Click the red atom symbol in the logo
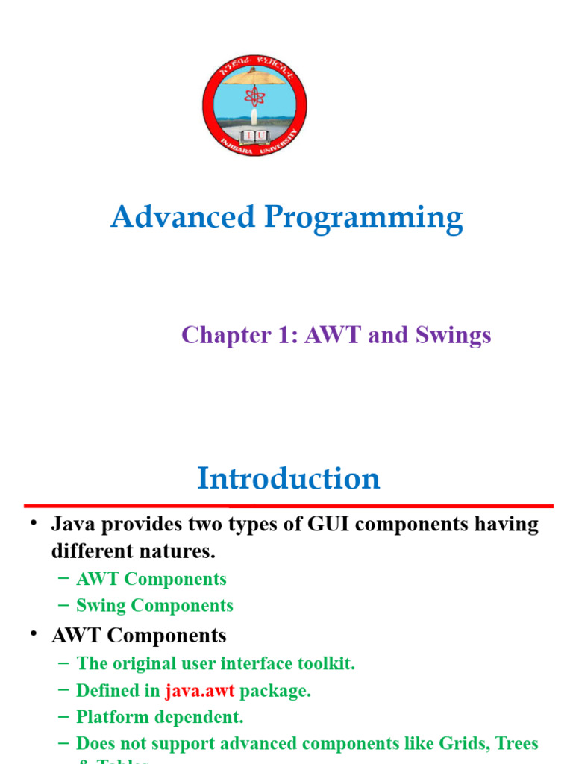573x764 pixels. point(254,95)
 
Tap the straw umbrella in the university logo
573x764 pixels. point(254,75)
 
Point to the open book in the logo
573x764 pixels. point(254,136)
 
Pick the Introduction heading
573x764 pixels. point(288,478)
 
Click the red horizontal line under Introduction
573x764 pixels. point(288,506)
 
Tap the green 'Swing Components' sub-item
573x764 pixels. point(154,605)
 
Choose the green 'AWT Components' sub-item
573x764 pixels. point(151,579)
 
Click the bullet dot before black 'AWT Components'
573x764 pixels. point(34,634)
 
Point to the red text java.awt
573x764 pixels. point(199,691)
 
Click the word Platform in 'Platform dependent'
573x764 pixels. point(110,718)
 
